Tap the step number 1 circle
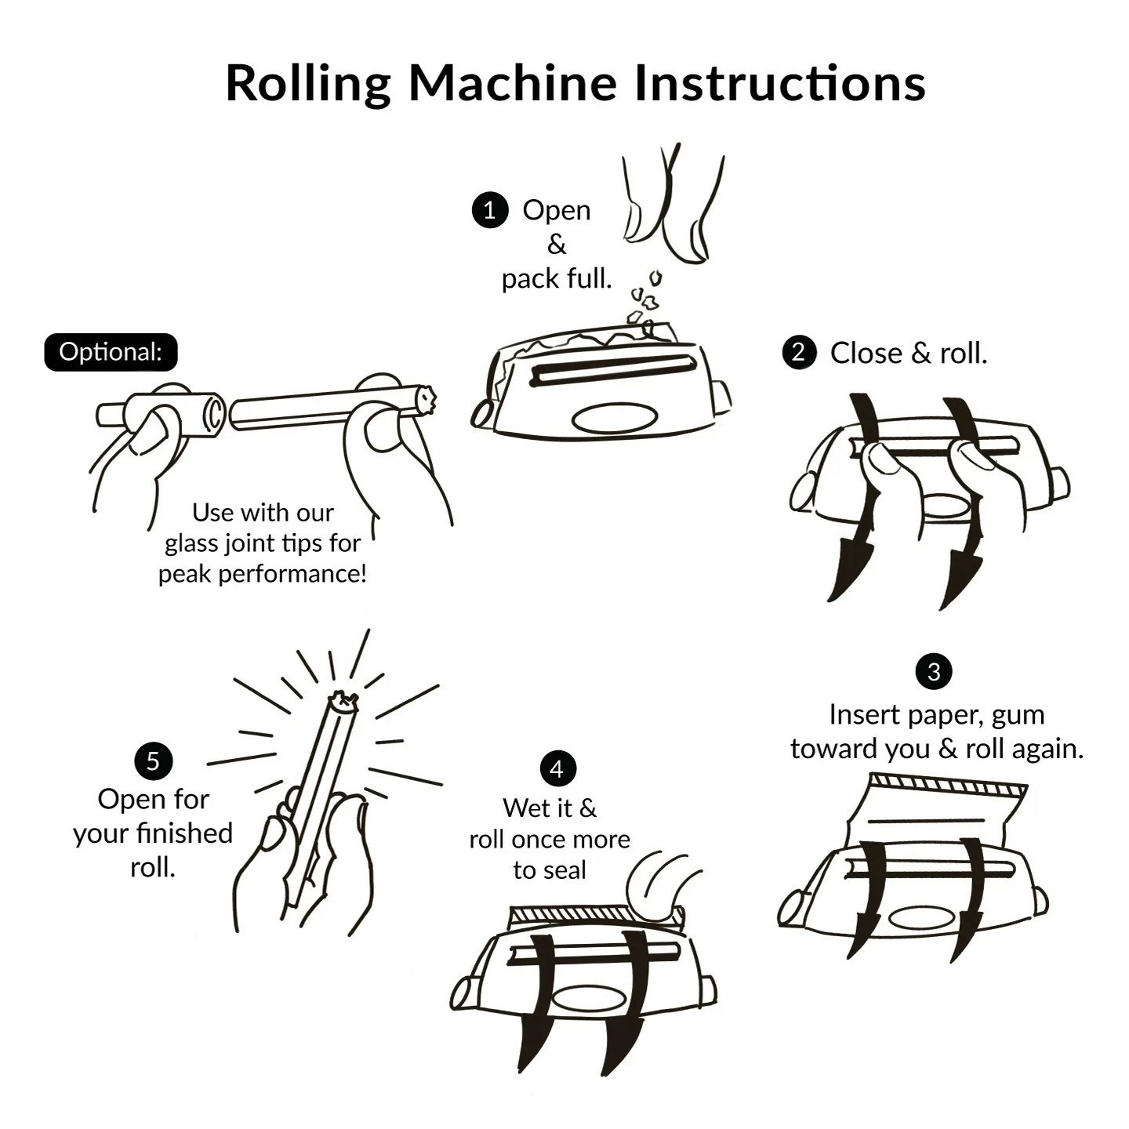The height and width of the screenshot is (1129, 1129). click(x=490, y=210)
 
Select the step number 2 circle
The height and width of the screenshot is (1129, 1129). click(x=799, y=353)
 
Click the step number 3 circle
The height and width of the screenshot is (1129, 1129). click(x=933, y=672)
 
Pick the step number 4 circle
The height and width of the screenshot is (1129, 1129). click(x=557, y=769)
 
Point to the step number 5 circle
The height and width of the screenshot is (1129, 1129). click(x=153, y=761)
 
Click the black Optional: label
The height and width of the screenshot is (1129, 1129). click(x=111, y=352)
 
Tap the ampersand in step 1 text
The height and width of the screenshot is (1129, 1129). click(x=556, y=245)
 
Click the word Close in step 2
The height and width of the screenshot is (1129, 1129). click(x=866, y=354)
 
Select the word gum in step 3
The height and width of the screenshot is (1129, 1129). click(x=1018, y=715)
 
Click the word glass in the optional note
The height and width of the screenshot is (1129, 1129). click(x=191, y=543)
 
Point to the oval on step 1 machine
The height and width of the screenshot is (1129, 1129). click(x=614, y=419)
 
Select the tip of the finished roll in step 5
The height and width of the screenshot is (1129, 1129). click(x=343, y=702)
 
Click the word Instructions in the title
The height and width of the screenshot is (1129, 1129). click(x=779, y=82)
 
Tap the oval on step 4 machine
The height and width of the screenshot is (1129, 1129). click(x=590, y=998)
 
